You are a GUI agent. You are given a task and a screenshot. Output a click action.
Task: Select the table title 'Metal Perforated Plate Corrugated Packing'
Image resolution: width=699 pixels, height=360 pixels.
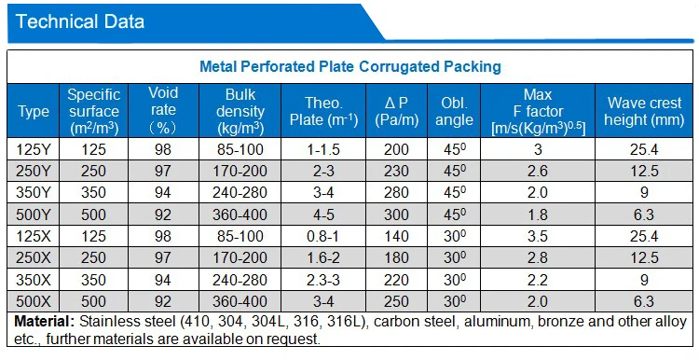point(350,66)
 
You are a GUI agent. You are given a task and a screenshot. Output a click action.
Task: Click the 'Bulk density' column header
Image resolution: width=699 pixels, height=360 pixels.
point(245,111)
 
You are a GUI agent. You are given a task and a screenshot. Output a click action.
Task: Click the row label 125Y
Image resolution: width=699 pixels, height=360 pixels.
point(34,149)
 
